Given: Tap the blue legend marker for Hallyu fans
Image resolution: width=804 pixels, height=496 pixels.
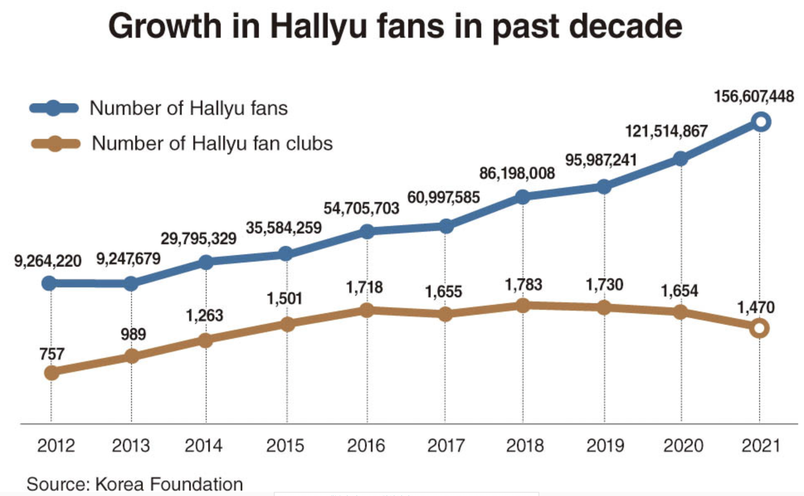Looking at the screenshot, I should click(x=54, y=108).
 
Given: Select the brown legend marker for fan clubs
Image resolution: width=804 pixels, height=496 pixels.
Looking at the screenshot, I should click(x=55, y=144).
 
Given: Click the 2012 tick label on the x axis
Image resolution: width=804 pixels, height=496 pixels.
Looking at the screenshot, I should click(x=56, y=446).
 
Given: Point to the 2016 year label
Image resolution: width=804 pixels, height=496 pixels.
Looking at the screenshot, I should click(x=365, y=446).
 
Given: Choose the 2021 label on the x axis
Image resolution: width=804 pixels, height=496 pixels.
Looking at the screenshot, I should click(x=760, y=446).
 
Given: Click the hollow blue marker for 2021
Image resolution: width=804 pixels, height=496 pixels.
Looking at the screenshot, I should click(x=761, y=122).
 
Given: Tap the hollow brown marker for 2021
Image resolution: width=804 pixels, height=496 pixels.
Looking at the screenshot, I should click(x=759, y=328).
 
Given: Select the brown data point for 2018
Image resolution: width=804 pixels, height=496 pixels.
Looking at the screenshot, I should click(x=523, y=306).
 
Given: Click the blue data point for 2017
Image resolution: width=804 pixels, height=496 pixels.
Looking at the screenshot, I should click(x=446, y=226).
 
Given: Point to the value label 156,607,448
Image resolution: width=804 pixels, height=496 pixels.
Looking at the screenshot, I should click(x=753, y=97).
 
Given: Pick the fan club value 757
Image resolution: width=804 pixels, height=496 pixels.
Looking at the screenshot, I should click(x=52, y=354).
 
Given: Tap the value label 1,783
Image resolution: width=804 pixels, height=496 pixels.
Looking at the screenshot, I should click(x=523, y=285).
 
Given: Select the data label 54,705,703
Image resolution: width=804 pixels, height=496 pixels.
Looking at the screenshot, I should click(x=361, y=208).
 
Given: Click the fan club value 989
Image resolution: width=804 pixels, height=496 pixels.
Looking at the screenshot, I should click(x=133, y=334).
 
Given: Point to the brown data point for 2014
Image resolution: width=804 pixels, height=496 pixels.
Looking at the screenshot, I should click(x=206, y=340).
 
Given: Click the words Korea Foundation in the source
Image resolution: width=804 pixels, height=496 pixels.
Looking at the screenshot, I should click(x=169, y=484).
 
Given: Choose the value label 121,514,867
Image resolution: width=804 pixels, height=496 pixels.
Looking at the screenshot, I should click(x=666, y=131).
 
